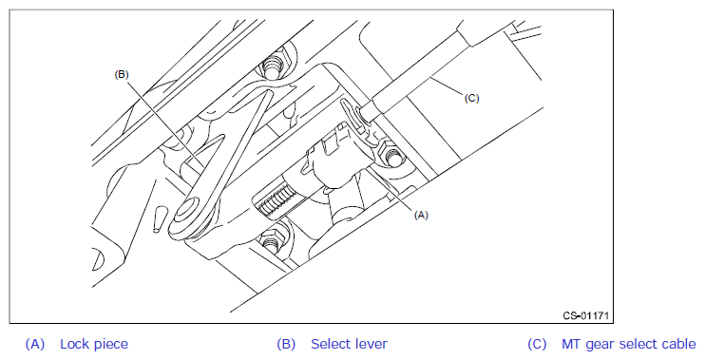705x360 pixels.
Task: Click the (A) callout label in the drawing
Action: coord(421,216)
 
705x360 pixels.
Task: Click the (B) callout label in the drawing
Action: coord(122,75)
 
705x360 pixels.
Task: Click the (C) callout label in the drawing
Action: coord(471,98)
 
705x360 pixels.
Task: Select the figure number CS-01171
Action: coord(586,315)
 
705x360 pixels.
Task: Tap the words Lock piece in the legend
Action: coord(94,344)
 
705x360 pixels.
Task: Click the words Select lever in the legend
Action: coord(349,344)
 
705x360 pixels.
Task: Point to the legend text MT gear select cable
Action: coord(629,344)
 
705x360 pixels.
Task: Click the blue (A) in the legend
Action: coord(34,344)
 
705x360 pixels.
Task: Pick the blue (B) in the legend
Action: coord(286,344)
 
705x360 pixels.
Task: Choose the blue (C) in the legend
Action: coord(537,344)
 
